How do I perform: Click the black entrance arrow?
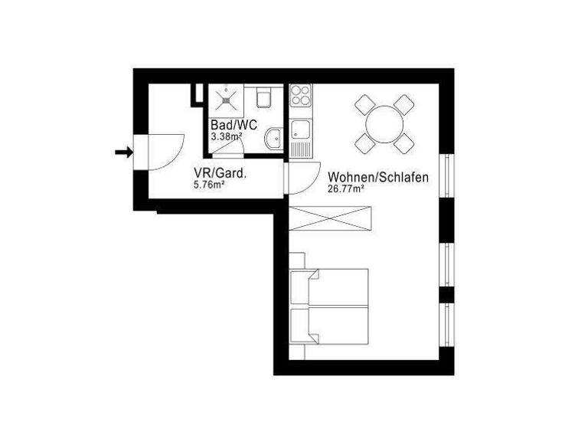pyautogui.click(x=122, y=152)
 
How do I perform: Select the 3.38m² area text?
pyautogui.click(x=227, y=136)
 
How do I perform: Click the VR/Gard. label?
pyautogui.click(x=220, y=174)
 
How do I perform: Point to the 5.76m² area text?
pyautogui.click(x=209, y=185)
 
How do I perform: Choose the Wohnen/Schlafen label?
pyautogui.click(x=377, y=177)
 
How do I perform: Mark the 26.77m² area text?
pyautogui.click(x=345, y=188)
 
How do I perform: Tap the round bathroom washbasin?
pyautogui.click(x=273, y=139)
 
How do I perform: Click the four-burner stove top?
pyautogui.click(x=301, y=97)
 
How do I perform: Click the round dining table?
pyautogui.click(x=384, y=122)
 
